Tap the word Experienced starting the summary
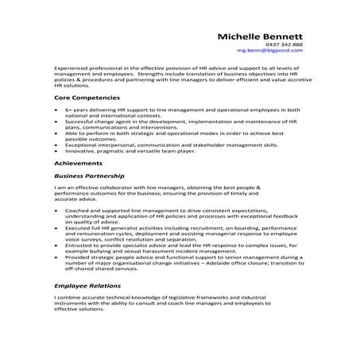73,68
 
